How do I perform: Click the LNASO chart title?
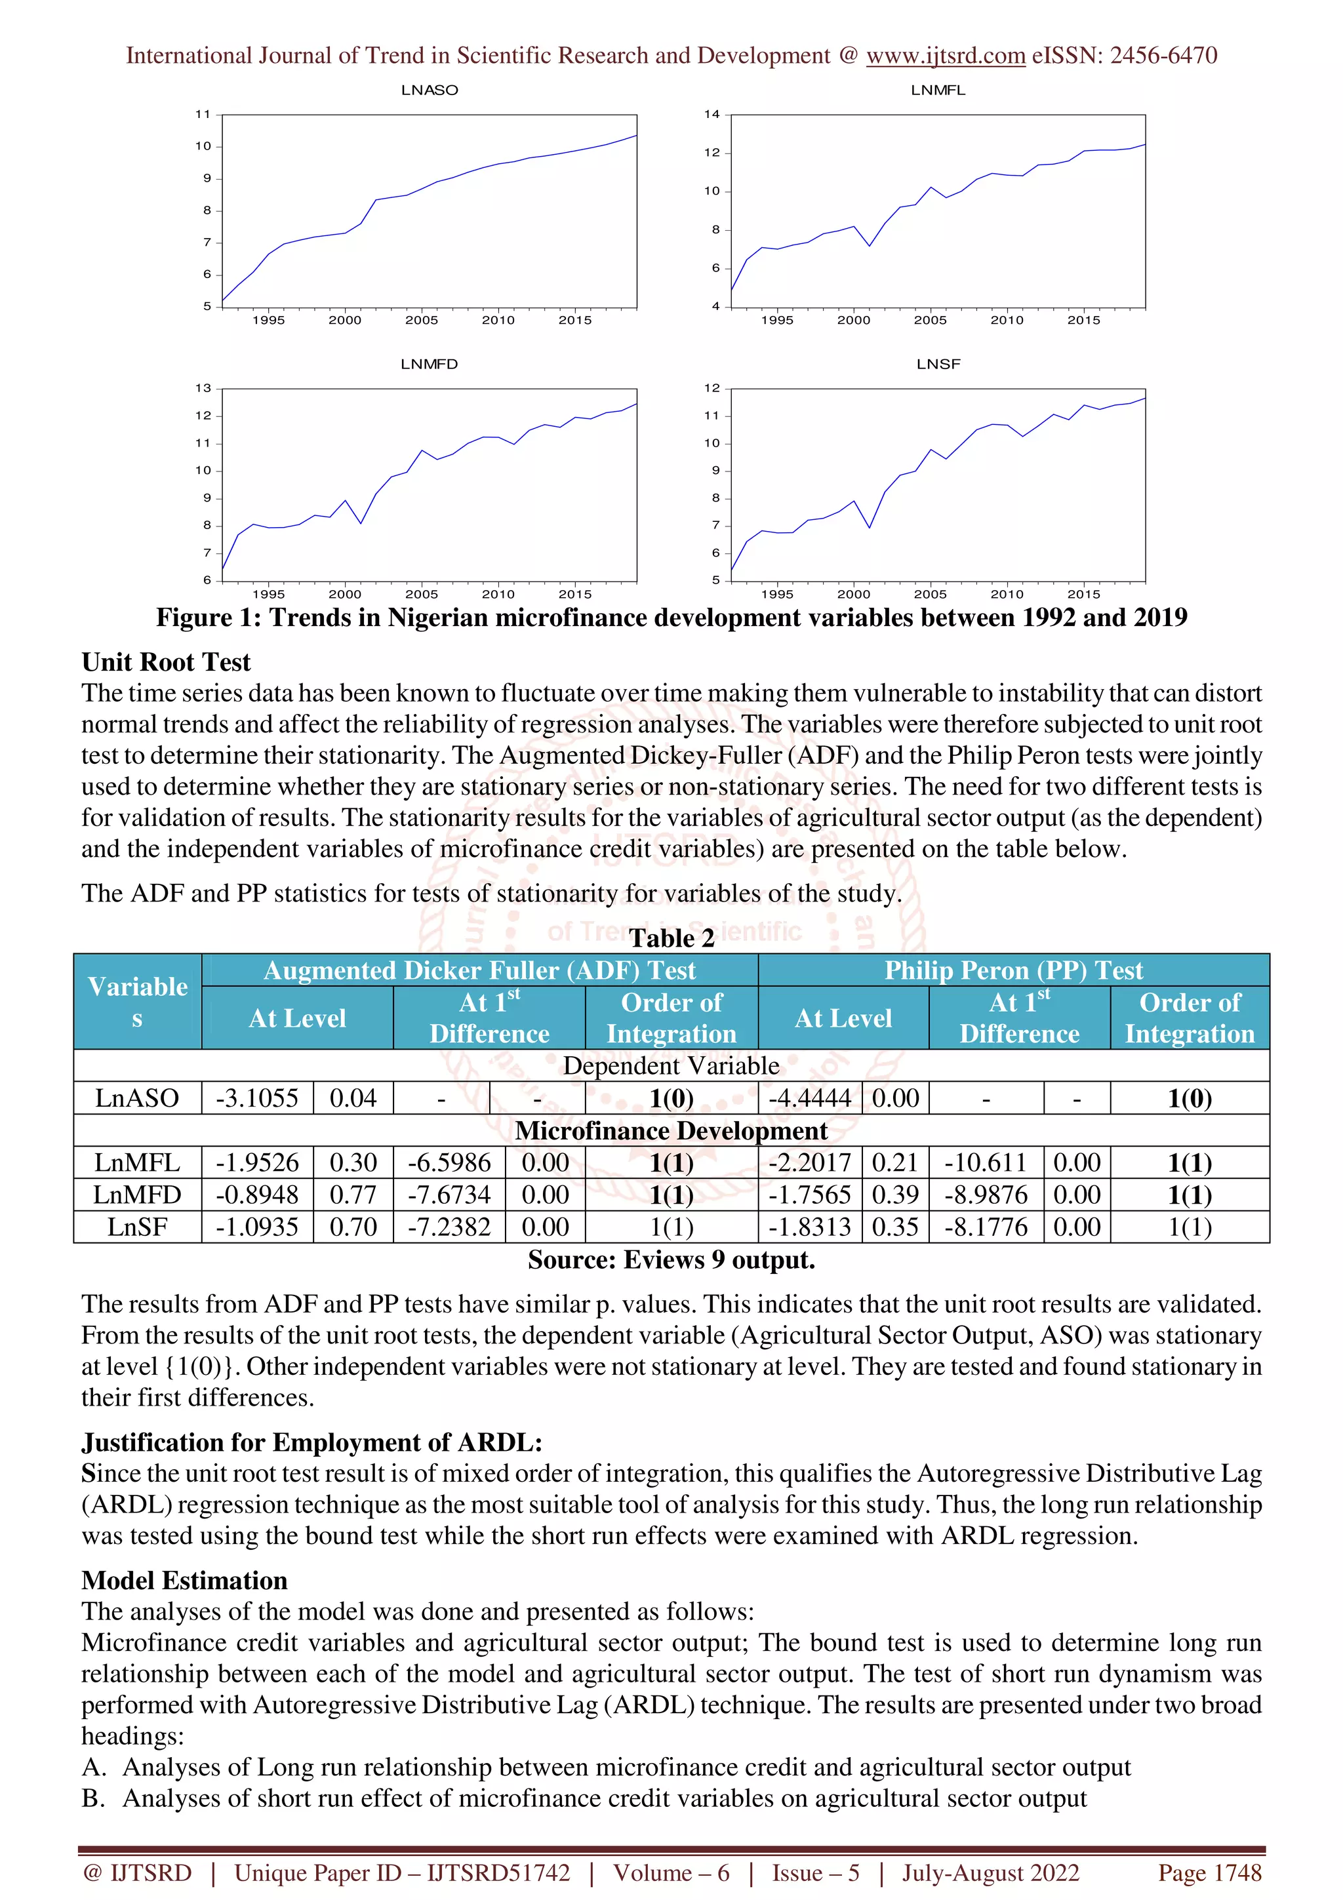(x=429, y=90)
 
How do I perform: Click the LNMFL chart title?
(x=938, y=90)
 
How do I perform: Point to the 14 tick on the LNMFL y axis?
(x=712, y=114)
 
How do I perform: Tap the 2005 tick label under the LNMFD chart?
(x=421, y=594)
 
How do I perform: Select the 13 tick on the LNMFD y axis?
(x=203, y=388)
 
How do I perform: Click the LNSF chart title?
(x=938, y=364)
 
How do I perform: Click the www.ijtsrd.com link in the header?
(x=945, y=56)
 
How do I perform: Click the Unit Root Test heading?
(x=165, y=662)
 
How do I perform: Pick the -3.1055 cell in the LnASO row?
(x=256, y=1098)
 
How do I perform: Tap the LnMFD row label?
(x=136, y=1195)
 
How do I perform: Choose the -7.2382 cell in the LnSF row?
(x=449, y=1227)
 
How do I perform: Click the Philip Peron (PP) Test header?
(x=1013, y=970)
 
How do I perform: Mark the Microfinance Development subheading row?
(x=671, y=1130)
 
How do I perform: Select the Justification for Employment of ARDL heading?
(x=311, y=1442)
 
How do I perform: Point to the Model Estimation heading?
(x=184, y=1581)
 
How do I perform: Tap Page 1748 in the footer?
(x=1209, y=1872)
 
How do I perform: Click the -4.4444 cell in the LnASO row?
(x=809, y=1098)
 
